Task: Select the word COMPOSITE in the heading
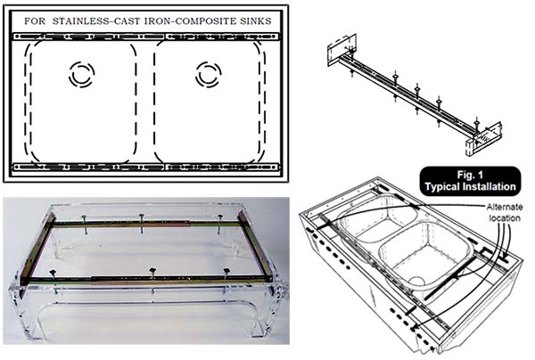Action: pyautogui.click(x=207, y=21)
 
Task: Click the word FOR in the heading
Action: pyautogui.click(x=35, y=21)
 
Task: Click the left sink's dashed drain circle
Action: pyautogui.click(x=81, y=74)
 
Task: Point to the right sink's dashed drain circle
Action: pyautogui.click(x=209, y=74)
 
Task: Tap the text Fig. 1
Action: pyautogui.click(x=470, y=176)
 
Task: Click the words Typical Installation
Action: pyautogui.click(x=470, y=187)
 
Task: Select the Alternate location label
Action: pyautogui.click(x=505, y=212)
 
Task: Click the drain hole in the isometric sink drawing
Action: pyautogui.click(x=417, y=281)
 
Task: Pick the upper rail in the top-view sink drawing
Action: pyautogui.click(x=146, y=37)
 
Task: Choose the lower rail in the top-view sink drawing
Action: pyautogui.click(x=146, y=167)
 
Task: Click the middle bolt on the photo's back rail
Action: pyautogui.click(x=142, y=223)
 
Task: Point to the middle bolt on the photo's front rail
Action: pyautogui.click(x=152, y=278)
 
